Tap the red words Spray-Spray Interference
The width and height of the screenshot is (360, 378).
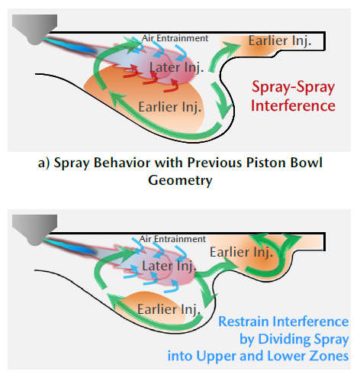pos(293,96)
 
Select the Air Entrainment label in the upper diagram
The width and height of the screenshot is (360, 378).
pos(175,38)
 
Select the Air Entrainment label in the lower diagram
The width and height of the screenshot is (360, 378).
pos(172,239)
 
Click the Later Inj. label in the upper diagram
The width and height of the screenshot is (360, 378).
pos(176,67)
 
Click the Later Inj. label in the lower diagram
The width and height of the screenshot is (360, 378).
pos(169,266)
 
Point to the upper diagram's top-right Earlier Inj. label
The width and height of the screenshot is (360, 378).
pos(280,40)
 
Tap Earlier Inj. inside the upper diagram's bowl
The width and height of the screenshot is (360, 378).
pos(170,107)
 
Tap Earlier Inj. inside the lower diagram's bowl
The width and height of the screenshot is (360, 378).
pos(169,309)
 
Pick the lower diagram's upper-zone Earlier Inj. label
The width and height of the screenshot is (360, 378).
pos(241,252)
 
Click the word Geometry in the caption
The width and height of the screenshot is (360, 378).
pos(180,180)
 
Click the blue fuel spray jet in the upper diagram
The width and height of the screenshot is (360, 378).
pos(69,45)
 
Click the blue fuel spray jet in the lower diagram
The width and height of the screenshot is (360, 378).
pos(69,246)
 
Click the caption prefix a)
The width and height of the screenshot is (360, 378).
pos(43,163)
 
